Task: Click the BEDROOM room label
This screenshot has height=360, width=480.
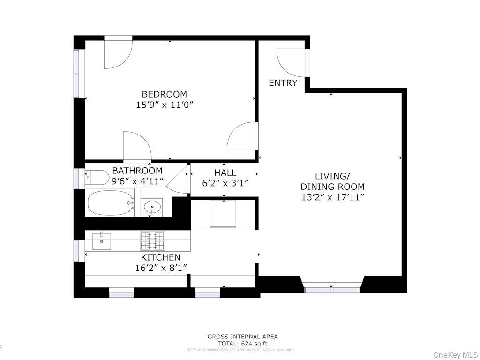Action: tap(164, 94)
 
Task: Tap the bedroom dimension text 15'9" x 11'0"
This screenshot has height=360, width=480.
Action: tap(164, 105)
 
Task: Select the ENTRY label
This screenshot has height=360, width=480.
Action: tap(283, 83)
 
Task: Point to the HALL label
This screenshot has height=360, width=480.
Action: tap(225, 172)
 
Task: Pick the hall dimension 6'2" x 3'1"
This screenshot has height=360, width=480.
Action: tap(225, 183)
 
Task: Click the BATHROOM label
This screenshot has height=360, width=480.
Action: tap(137, 171)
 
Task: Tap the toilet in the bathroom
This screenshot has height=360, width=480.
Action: tap(97, 178)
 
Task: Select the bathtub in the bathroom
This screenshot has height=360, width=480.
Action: tap(111, 203)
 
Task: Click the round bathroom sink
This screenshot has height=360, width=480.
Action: tap(152, 206)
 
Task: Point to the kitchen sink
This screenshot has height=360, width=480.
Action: tap(101, 240)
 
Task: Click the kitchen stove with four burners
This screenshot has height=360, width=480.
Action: tap(153, 241)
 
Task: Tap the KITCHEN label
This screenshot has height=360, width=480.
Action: tap(160, 257)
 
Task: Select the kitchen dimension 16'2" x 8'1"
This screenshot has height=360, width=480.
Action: tap(160, 268)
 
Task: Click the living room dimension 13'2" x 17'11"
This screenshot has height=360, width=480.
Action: tap(332, 197)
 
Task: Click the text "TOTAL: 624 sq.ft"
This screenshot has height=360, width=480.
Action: tap(242, 343)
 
